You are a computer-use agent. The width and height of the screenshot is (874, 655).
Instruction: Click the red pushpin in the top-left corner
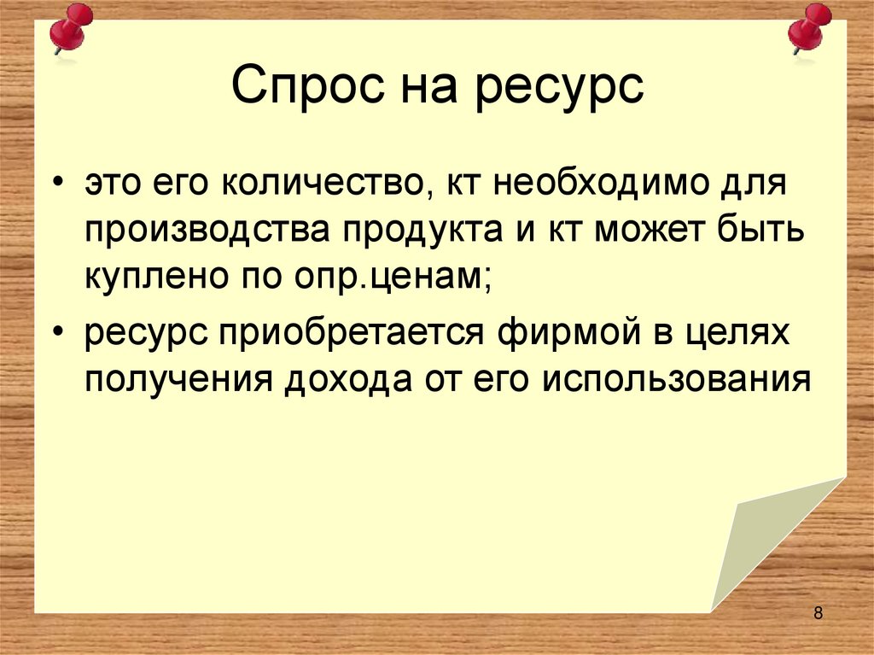(70, 27)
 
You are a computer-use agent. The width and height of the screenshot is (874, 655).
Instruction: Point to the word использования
(674, 377)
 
